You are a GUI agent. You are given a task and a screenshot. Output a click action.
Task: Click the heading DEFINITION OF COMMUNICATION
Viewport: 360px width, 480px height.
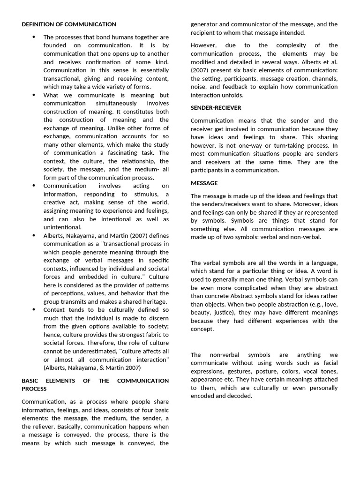(x=69, y=24)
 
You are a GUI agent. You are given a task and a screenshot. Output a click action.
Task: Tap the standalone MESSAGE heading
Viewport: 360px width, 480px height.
(x=204, y=183)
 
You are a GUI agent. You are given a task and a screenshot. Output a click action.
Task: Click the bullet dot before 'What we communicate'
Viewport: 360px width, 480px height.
(x=34, y=95)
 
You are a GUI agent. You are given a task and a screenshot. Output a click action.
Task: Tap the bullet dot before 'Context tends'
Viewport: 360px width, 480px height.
(x=34, y=310)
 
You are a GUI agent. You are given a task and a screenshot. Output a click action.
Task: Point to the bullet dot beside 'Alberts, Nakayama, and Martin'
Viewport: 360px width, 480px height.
(x=34, y=236)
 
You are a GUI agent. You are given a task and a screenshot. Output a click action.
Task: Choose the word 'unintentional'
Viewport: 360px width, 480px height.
(x=62, y=227)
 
